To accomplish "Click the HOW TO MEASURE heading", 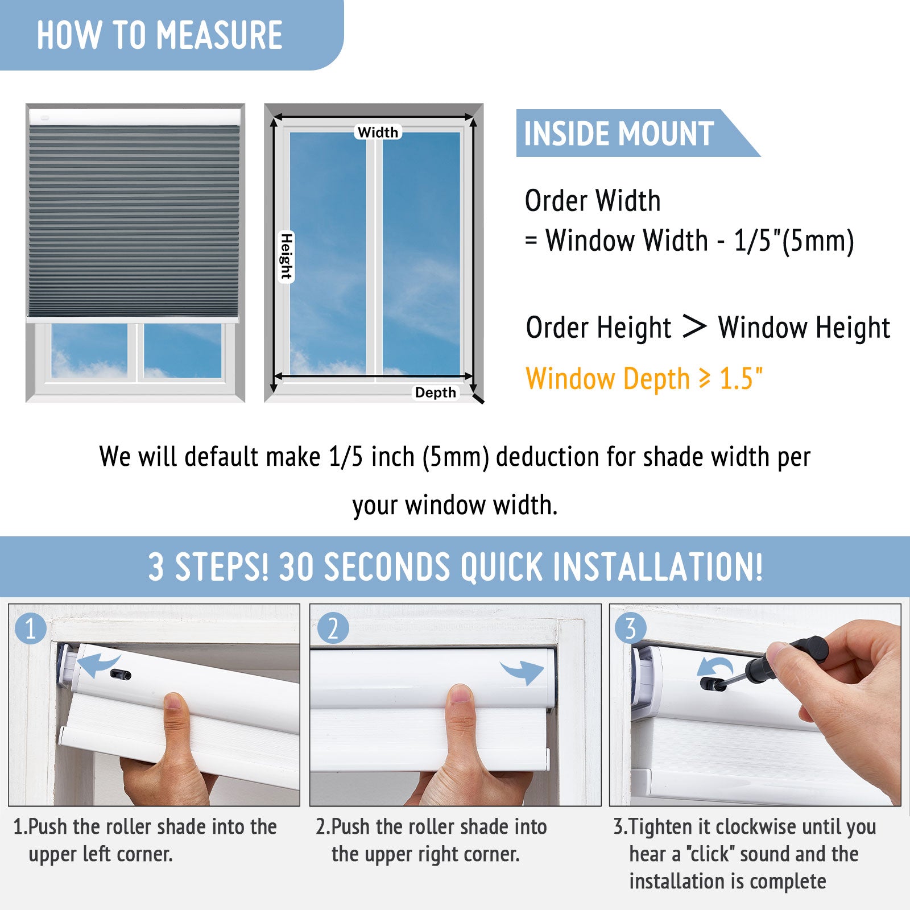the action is tap(160, 35).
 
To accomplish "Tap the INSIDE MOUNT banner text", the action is tap(619, 134).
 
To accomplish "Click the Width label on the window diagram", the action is tap(378, 132).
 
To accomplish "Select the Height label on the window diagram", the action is tap(286, 257).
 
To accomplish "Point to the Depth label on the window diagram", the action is tap(436, 392).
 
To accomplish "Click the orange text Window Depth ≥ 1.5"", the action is tap(644, 379).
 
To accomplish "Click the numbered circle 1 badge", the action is tap(31, 628).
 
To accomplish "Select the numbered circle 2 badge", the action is tap(333, 628).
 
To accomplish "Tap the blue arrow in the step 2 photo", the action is tap(523, 672).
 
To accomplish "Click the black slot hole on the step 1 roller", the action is tap(120, 675).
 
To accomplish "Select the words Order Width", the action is tap(593, 200).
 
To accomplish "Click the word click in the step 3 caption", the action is tap(708, 854).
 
